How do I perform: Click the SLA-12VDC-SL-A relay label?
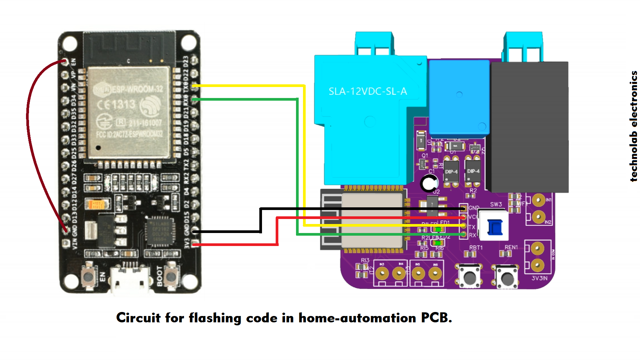(368, 91)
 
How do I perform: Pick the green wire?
(297, 167)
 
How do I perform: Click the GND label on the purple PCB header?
(474, 208)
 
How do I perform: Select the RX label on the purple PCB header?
(472, 235)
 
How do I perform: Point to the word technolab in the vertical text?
(633, 157)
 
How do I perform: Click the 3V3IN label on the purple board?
(539, 278)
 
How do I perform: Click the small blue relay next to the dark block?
(459, 98)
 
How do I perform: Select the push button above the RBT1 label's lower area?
(470, 276)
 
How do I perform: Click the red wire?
(277, 233)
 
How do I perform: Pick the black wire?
(260, 220)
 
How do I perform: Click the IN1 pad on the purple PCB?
(538, 200)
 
